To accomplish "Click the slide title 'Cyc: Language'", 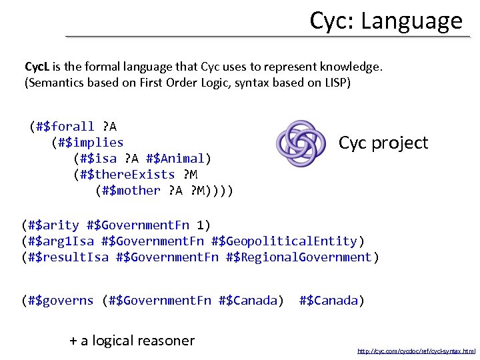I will (x=385, y=21).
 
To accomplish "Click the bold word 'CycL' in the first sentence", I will (x=37, y=67).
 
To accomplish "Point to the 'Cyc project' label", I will (x=383, y=143).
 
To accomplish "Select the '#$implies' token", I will (x=90, y=143).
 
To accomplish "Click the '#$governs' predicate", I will (x=61, y=301).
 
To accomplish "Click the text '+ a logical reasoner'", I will (x=132, y=341).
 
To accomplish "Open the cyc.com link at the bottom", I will (x=417, y=351).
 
